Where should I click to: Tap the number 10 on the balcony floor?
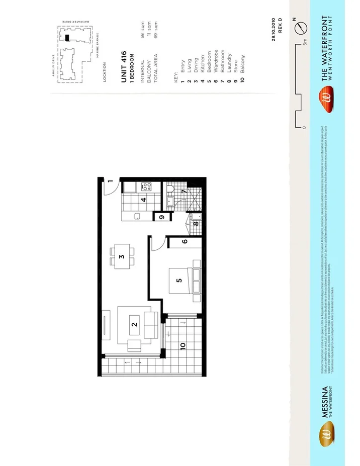tap(183, 346)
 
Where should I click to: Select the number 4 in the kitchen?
tap(143, 200)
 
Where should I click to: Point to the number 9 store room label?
tap(161, 218)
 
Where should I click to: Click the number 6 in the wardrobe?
tap(185, 242)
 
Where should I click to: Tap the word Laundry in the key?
tap(229, 63)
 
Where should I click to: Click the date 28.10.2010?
tap(274, 30)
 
